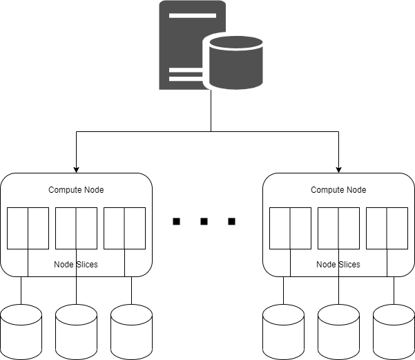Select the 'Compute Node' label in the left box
pyautogui.click(x=76, y=190)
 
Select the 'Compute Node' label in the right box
pyautogui.click(x=338, y=190)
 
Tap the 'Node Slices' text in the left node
pyautogui.click(x=76, y=265)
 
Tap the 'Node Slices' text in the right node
pyautogui.click(x=338, y=265)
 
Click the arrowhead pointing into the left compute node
pyautogui.click(x=76, y=169)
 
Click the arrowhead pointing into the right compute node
pyautogui.click(x=338, y=169)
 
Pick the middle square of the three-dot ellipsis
pyautogui.click(x=204, y=222)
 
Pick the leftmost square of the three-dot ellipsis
pyautogui.click(x=176, y=222)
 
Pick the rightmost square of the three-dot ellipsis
pyautogui.click(x=231, y=222)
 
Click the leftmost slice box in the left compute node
pyautogui.click(x=28, y=228)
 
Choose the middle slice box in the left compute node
pyautogui.click(x=76, y=228)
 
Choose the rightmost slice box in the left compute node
pyautogui.click(x=124, y=228)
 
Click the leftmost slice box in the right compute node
pyautogui.click(x=290, y=228)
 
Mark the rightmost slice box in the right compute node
pyautogui.click(x=387, y=228)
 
